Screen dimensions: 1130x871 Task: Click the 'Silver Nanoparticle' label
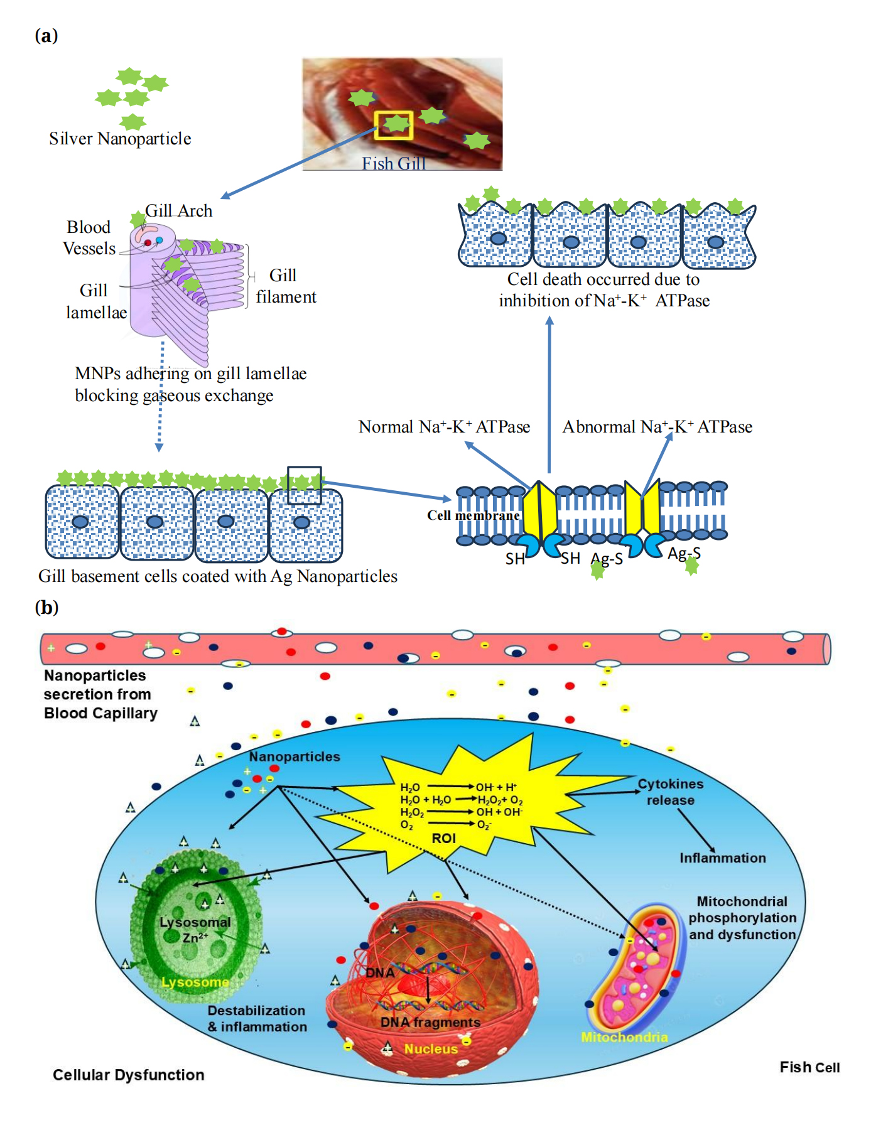[x=120, y=139]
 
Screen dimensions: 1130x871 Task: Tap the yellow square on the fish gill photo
[x=394, y=125]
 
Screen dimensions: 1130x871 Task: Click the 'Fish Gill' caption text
[x=394, y=163]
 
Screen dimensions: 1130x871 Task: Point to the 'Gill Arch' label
[x=179, y=211]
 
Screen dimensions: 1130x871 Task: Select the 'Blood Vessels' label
[x=89, y=238]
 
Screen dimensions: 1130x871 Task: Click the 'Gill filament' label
[x=286, y=286]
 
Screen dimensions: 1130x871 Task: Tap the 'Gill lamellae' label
[x=96, y=301]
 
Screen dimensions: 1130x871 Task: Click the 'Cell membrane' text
[x=473, y=515]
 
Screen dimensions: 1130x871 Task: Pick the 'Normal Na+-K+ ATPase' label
[x=444, y=427]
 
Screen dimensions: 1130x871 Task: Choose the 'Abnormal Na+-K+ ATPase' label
[x=657, y=427]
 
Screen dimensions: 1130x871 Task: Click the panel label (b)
[x=46, y=608]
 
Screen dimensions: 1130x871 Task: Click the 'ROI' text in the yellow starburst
[x=443, y=839]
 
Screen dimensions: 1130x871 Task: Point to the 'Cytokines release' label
[x=671, y=792]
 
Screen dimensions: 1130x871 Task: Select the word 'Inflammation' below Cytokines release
[x=723, y=858]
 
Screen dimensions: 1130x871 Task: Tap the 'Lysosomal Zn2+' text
[x=195, y=930]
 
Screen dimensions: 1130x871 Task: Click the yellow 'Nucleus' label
[x=431, y=1049]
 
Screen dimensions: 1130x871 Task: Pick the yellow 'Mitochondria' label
[x=624, y=1037]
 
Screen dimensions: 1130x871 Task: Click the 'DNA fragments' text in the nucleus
[x=430, y=1023]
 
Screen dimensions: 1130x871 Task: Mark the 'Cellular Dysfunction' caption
[x=129, y=1075]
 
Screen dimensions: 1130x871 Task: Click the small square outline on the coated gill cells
[x=305, y=485]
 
